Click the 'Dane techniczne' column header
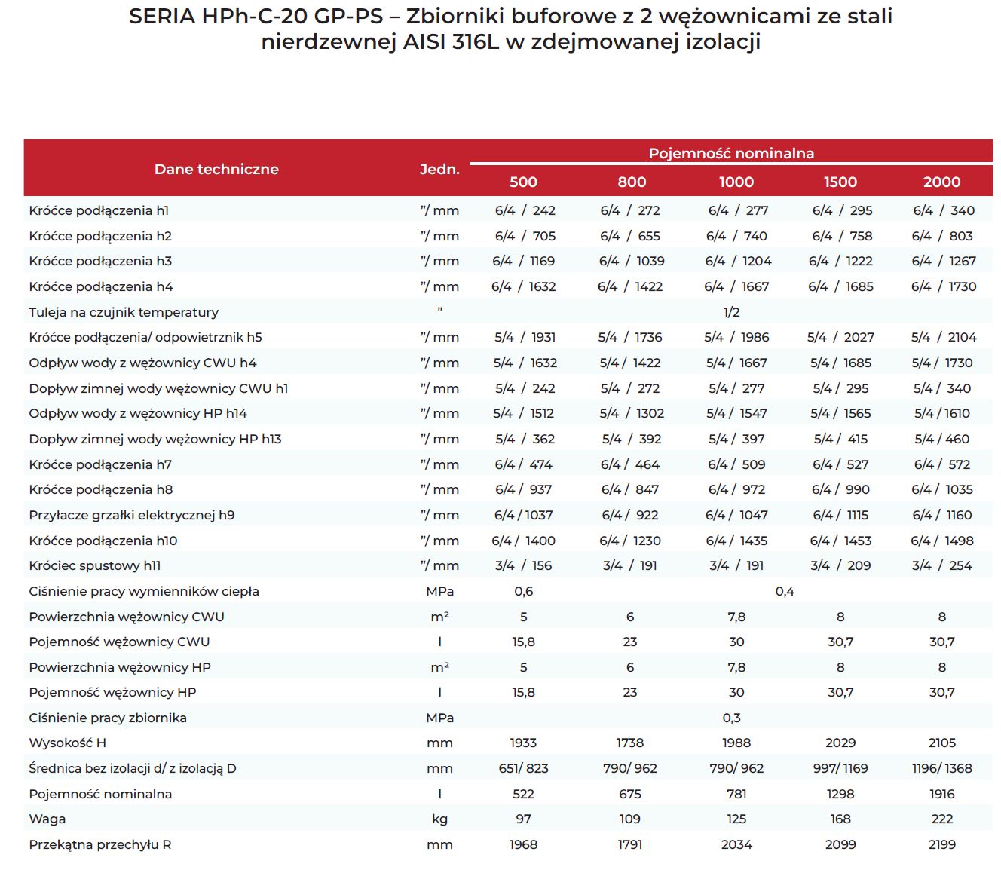click(x=216, y=169)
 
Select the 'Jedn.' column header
click(x=439, y=170)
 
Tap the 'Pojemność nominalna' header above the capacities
click(x=731, y=153)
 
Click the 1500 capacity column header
click(x=840, y=182)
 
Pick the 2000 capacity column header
click(x=941, y=182)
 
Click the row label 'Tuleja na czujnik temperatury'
click(x=124, y=312)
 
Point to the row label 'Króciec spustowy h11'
click(x=94, y=565)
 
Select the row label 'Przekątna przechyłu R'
click(x=99, y=844)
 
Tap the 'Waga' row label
click(x=47, y=819)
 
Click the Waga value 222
click(x=941, y=819)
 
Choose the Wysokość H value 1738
click(x=629, y=743)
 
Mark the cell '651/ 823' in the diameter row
click(x=524, y=768)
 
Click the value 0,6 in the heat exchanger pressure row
click(x=524, y=591)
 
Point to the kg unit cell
click(x=439, y=819)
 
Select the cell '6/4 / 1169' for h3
click(x=524, y=261)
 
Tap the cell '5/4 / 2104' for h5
click(x=943, y=337)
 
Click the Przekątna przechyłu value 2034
click(x=736, y=844)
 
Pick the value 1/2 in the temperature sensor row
click(x=731, y=312)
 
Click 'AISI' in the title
click(x=424, y=42)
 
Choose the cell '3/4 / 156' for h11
click(x=524, y=565)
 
